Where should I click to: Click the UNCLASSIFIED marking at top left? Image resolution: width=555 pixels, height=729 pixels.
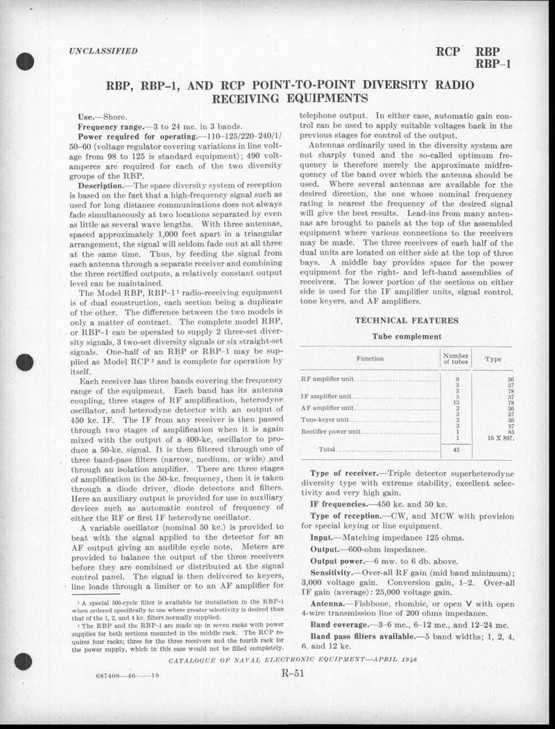tap(103, 51)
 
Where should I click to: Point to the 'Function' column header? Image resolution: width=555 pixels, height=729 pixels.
tap(370, 359)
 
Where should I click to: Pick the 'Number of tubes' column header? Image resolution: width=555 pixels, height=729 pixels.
tap(455, 359)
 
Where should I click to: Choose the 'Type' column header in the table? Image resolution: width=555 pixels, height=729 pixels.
tap(493, 360)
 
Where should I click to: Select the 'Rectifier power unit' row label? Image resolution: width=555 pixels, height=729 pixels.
tap(331, 432)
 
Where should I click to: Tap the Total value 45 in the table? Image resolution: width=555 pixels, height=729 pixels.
tap(456, 449)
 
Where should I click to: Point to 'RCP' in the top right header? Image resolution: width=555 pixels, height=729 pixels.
tap(449, 51)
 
